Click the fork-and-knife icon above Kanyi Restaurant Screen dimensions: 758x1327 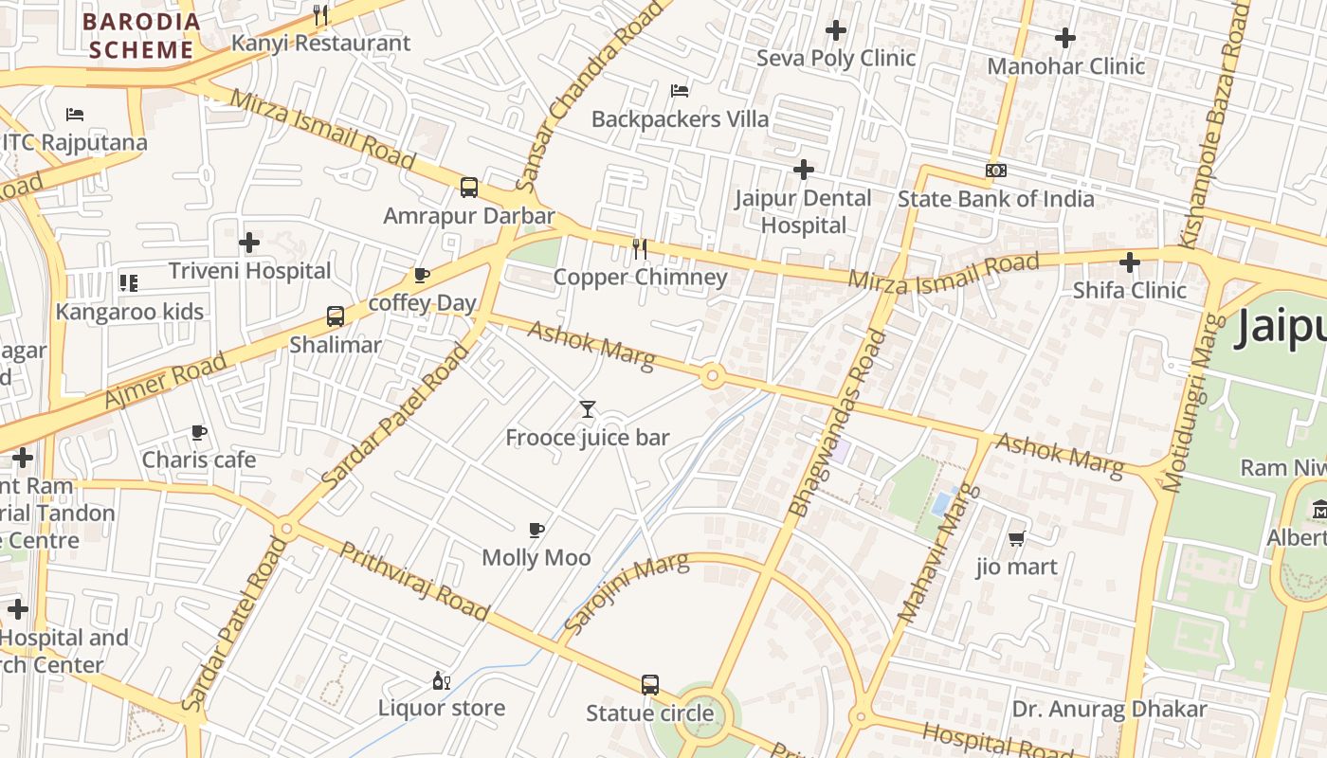[x=320, y=14]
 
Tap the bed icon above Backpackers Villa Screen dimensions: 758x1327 [x=680, y=91]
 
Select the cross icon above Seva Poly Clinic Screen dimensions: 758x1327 [x=835, y=30]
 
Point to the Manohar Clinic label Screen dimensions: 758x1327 [x=1065, y=66]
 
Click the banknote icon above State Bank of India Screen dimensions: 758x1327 [x=995, y=171]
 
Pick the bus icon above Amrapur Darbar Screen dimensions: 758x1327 [x=469, y=187]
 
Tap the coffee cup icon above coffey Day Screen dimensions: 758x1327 [x=422, y=275]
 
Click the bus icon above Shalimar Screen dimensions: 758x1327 [x=336, y=316]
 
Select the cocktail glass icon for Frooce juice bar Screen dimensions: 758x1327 [x=588, y=409]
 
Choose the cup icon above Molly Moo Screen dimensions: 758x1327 [x=536, y=530]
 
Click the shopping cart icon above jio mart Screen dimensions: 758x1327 [x=1017, y=538]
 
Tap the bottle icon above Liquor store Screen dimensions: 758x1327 [x=441, y=680]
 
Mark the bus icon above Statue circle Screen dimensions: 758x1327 [x=649, y=684]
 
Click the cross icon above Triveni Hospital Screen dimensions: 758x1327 [x=249, y=243]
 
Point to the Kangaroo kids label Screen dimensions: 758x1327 [x=130, y=312]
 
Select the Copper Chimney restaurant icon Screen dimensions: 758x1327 [x=640, y=248]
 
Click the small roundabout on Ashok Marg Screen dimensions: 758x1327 [x=712, y=376]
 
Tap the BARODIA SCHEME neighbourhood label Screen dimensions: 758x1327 [x=141, y=36]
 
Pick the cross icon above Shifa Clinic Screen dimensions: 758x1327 [x=1129, y=262]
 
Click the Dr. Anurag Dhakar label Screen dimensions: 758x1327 [x=1109, y=709]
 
